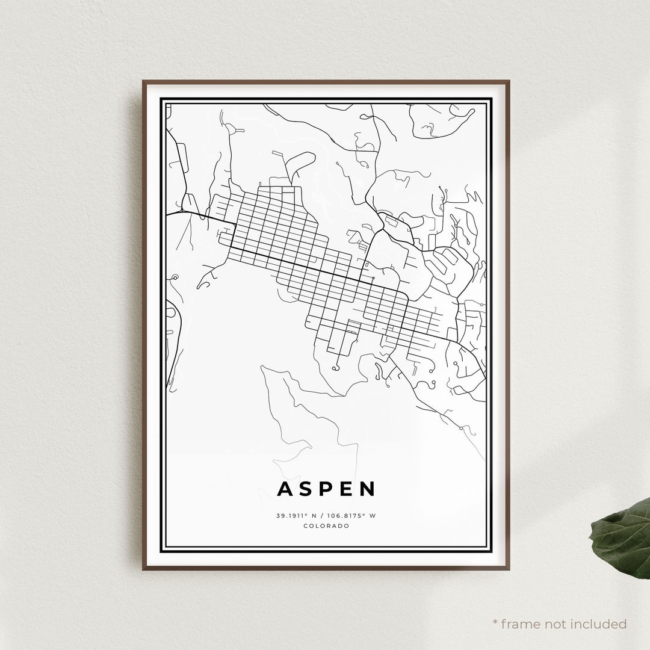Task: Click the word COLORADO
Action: click(x=327, y=526)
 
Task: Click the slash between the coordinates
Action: click(x=326, y=516)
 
